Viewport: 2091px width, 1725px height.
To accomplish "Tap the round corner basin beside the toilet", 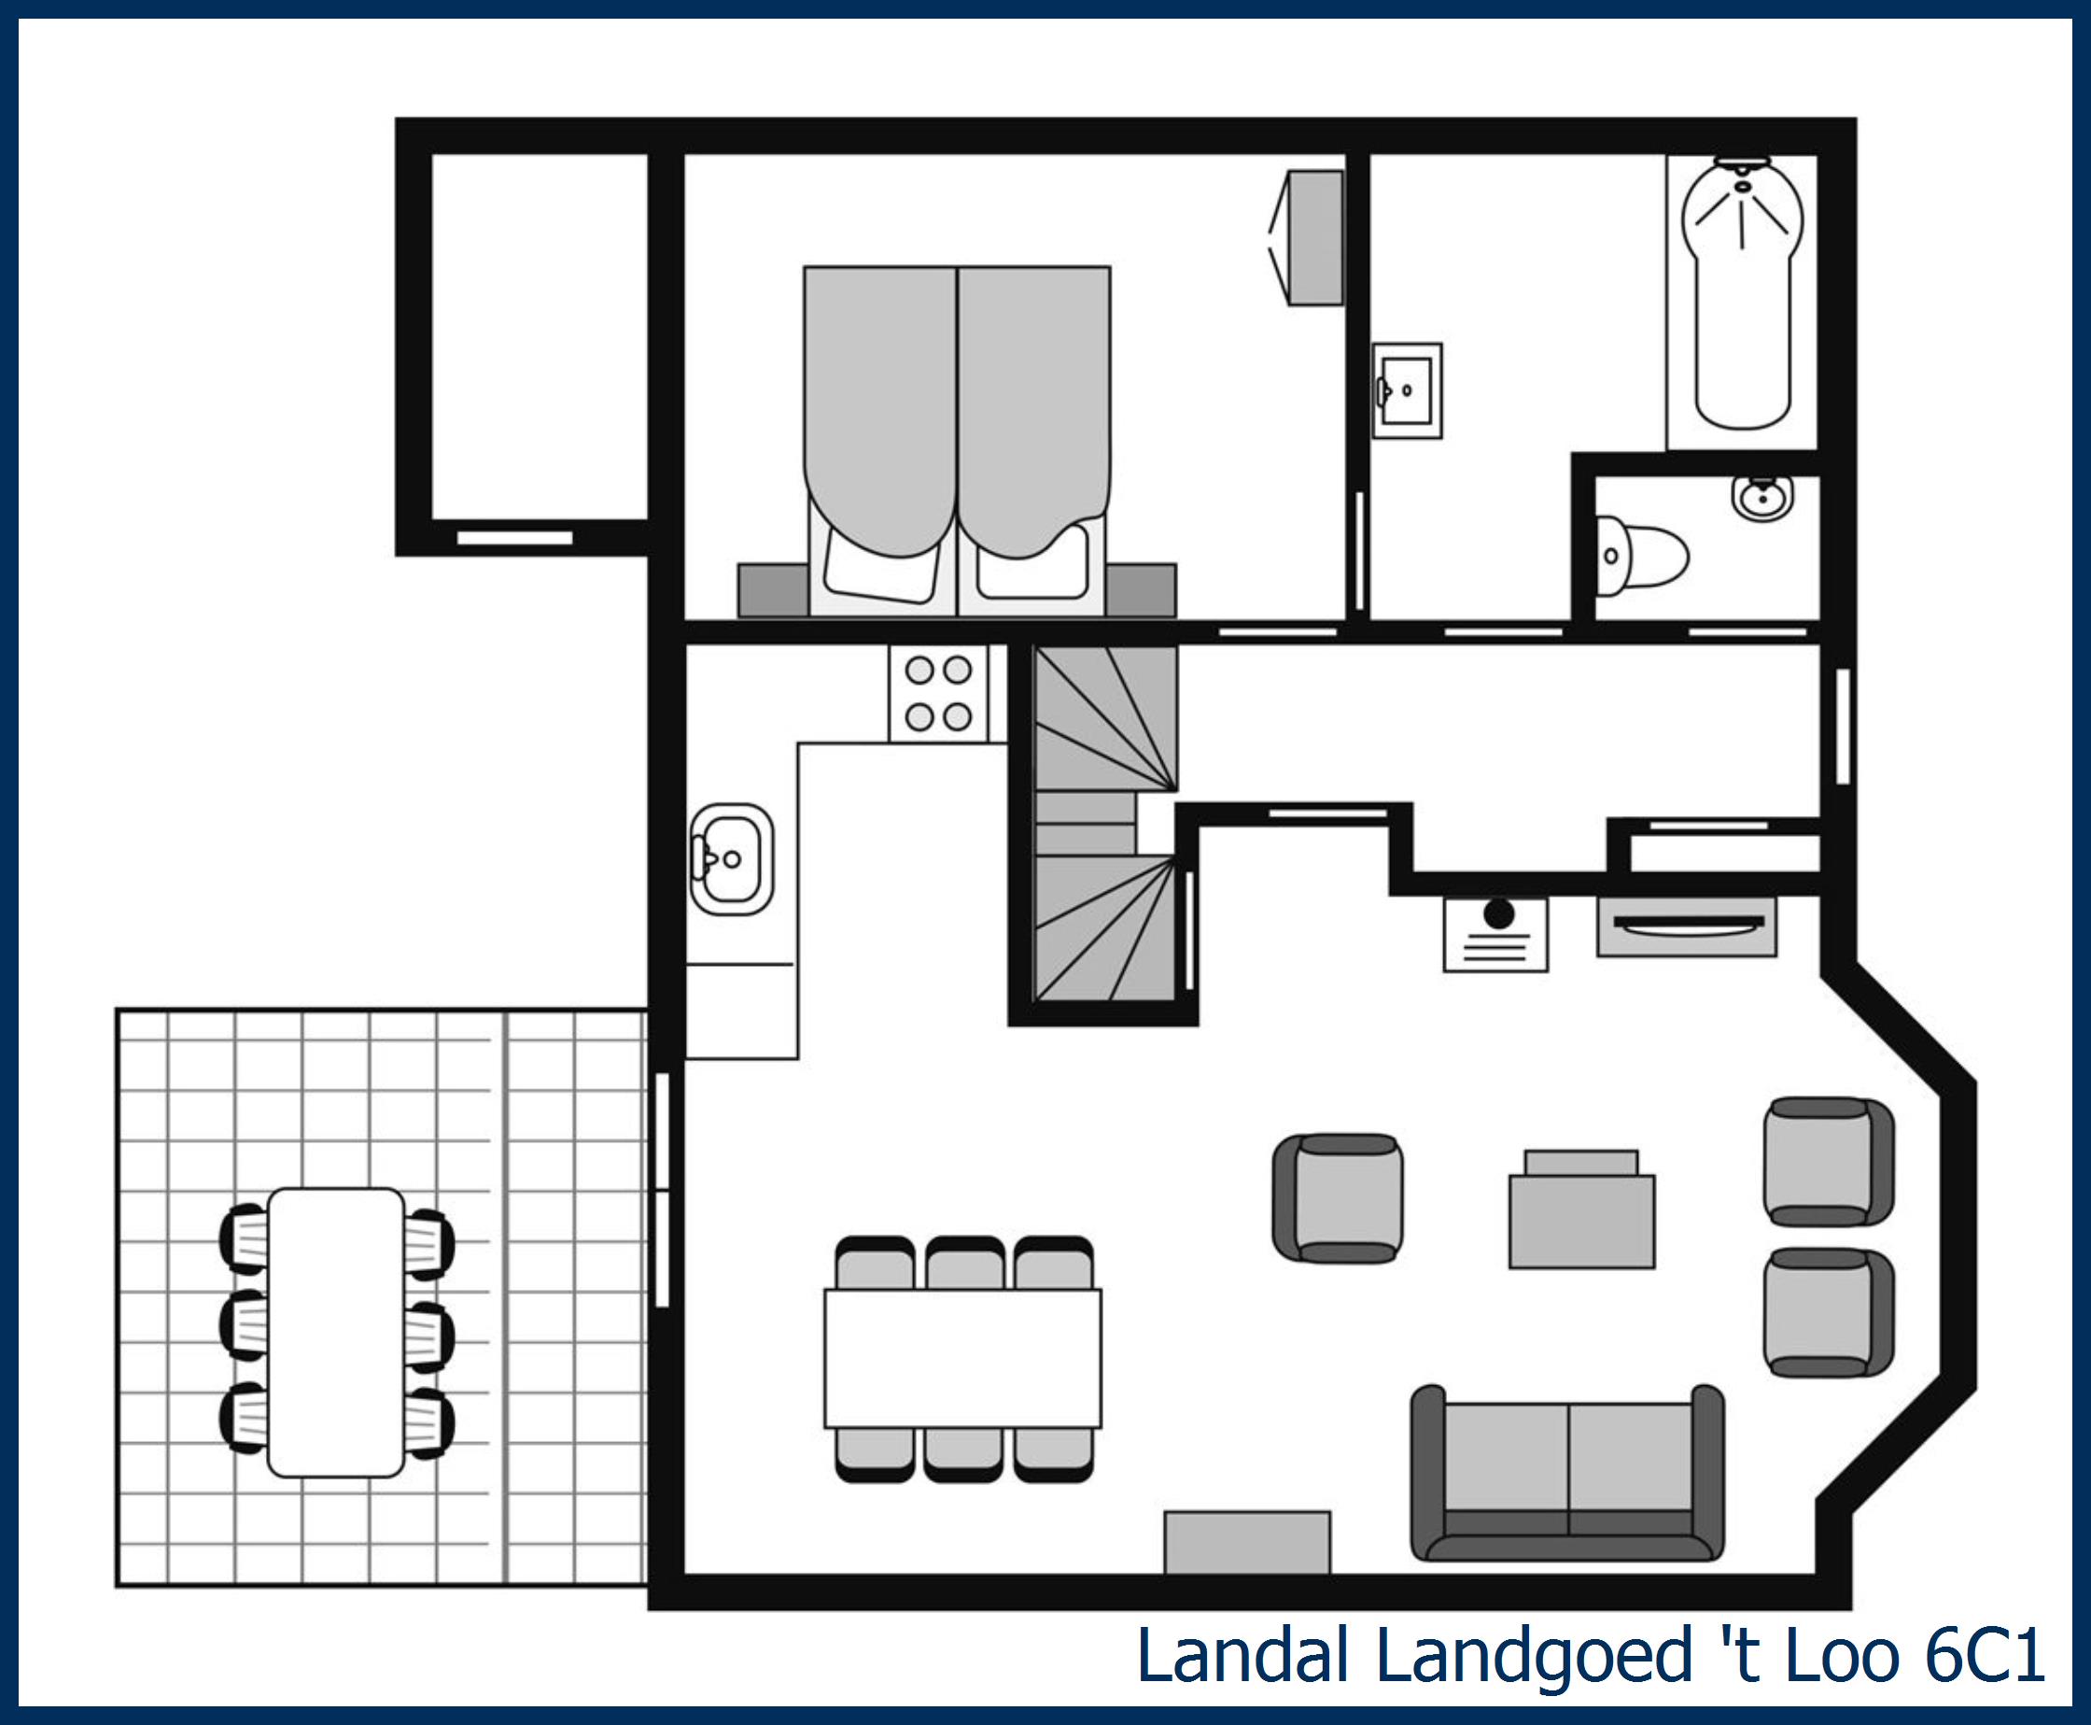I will pos(1762,496).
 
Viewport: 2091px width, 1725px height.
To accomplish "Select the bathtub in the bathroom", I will pos(1742,298).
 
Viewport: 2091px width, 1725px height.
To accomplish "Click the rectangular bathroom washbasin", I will pos(1408,390).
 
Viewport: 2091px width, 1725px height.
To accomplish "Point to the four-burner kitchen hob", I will pos(938,693).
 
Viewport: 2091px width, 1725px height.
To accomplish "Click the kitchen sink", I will pos(732,859).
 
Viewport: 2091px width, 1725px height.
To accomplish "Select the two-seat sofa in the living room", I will pos(1567,1475).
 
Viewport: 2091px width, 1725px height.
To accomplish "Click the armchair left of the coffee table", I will pos(1338,1198).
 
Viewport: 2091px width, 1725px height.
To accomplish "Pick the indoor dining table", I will pos(962,1358).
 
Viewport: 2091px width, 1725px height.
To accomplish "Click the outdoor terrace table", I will pos(336,1333).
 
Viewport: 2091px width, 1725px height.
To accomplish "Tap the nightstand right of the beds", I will pos(1141,590).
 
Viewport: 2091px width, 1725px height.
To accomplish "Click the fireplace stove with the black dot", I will pos(1495,934).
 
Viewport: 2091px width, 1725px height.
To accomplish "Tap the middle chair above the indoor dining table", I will pos(963,1264).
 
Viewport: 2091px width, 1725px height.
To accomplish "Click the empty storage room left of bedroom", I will pos(540,335).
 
